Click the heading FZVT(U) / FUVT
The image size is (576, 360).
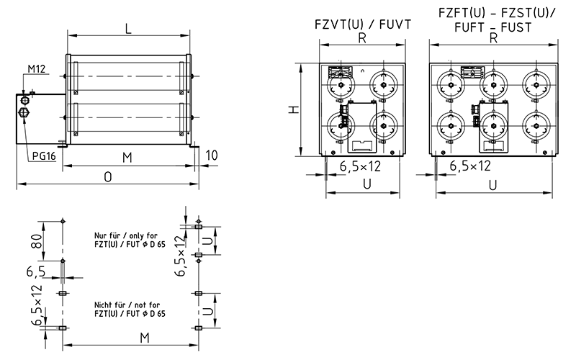363,23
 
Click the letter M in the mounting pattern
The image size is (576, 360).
144,338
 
